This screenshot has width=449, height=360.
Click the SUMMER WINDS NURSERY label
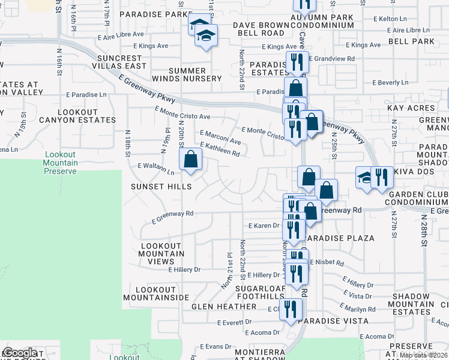click(x=195, y=74)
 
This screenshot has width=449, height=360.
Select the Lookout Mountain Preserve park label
click(x=61, y=163)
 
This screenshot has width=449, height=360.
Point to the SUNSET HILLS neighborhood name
click(x=161, y=187)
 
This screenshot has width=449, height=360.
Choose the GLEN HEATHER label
click(x=224, y=307)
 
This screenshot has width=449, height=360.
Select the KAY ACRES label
click(x=411, y=108)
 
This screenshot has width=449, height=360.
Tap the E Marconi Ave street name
click(x=220, y=137)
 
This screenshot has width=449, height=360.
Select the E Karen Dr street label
click(x=264, y=226)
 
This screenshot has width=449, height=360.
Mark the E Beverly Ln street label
click(x=390, y=82)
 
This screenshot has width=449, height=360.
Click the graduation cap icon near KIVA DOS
click(x=364, y=178)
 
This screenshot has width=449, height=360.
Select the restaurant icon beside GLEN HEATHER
click(x=291, y=310)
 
